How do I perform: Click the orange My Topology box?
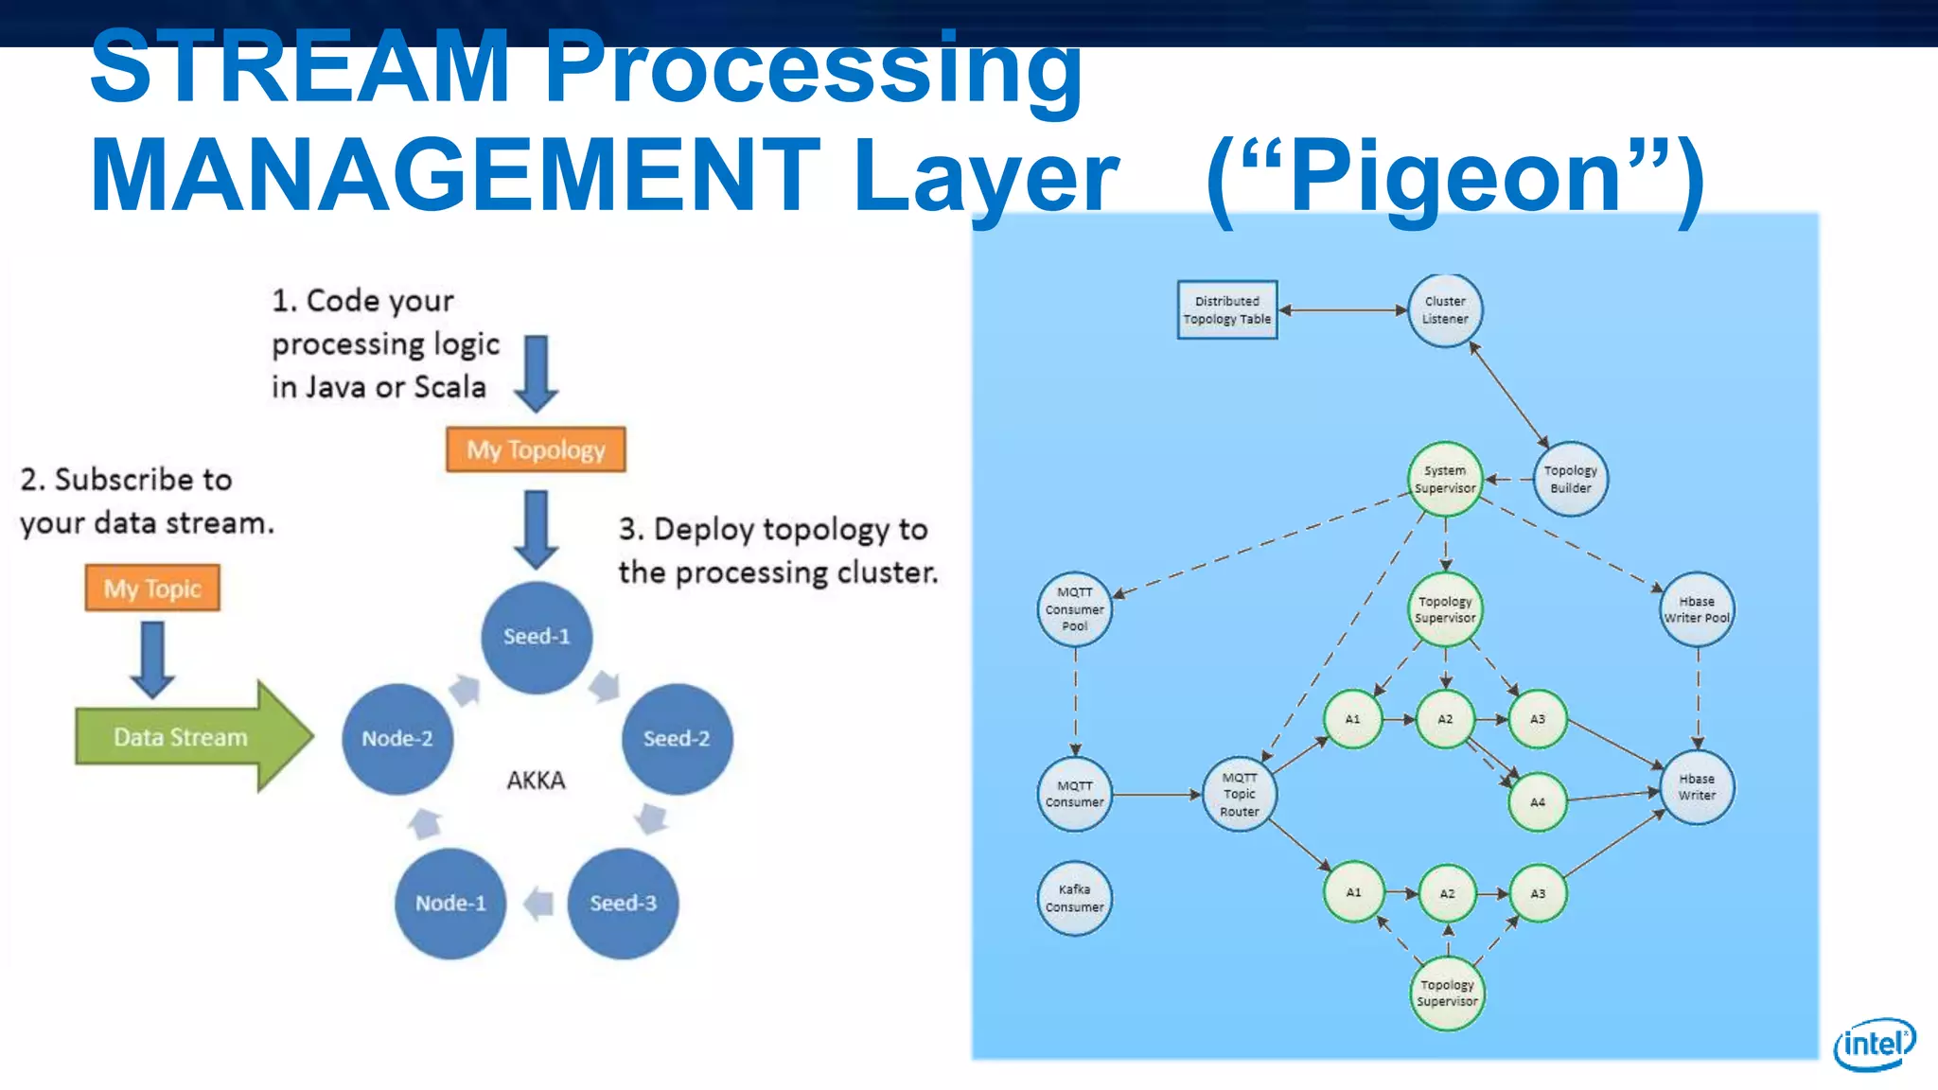536,449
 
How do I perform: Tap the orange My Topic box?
152,588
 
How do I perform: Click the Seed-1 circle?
537,637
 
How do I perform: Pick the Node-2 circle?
397,738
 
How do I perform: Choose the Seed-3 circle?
623,903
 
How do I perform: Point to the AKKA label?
536,780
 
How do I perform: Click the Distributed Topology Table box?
1227,309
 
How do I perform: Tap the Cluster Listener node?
1445,310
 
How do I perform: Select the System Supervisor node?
1445,479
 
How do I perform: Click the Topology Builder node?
1570,479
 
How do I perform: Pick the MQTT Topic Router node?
1240,794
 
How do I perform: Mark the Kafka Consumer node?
1074,898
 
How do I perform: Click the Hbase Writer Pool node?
1697,609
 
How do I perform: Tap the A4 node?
1538,801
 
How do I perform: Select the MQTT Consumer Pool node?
1074,609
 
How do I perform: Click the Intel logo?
1874,1044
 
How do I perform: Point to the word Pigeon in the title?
1455,176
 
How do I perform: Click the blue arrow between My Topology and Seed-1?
537,528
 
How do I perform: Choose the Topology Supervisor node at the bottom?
1447,993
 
